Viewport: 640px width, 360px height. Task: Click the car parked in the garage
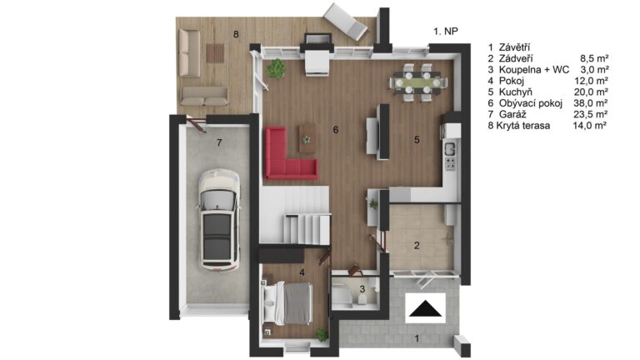[219, 220]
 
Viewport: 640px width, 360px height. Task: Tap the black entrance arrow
[425, 308]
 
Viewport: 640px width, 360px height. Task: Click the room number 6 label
[336, 130]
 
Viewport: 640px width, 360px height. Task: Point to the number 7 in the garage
[220, 142]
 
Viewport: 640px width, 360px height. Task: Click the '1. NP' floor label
[445, 31]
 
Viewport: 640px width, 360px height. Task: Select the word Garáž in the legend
[512, 114]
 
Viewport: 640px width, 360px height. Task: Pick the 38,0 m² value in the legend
[590, 103]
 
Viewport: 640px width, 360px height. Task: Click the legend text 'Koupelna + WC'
[534, 69]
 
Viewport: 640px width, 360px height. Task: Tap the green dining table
[417, 82]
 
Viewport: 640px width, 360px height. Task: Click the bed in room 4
[287, 303]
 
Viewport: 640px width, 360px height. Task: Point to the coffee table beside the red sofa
[307, 138]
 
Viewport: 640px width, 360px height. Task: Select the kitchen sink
[450, 148]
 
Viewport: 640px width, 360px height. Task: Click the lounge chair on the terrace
[345, 22]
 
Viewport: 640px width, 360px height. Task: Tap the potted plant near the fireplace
[276, 68]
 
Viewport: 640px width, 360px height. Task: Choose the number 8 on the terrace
[236, 34]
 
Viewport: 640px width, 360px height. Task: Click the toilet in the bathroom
[362, 299]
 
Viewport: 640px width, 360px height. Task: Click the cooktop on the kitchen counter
[450, 163]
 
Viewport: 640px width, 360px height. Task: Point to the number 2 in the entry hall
[417, 245]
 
